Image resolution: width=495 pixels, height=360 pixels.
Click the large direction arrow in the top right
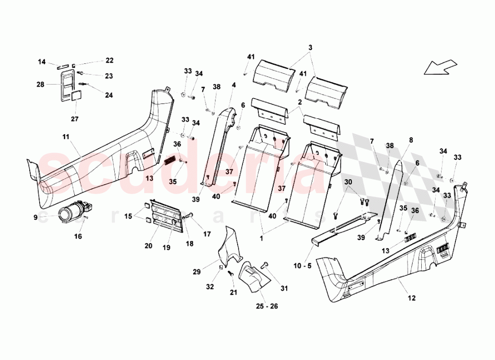coord(442,66)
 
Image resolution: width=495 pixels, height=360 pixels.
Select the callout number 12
coord(412,298)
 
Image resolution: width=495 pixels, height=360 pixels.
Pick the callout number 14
coord(42,62)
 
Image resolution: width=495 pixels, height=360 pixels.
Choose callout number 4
coord(233,85)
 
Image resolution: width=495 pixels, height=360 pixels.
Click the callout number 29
coord(197,272)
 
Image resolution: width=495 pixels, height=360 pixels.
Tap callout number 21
coord(233,292)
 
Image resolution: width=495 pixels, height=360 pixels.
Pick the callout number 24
coord(108,95)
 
